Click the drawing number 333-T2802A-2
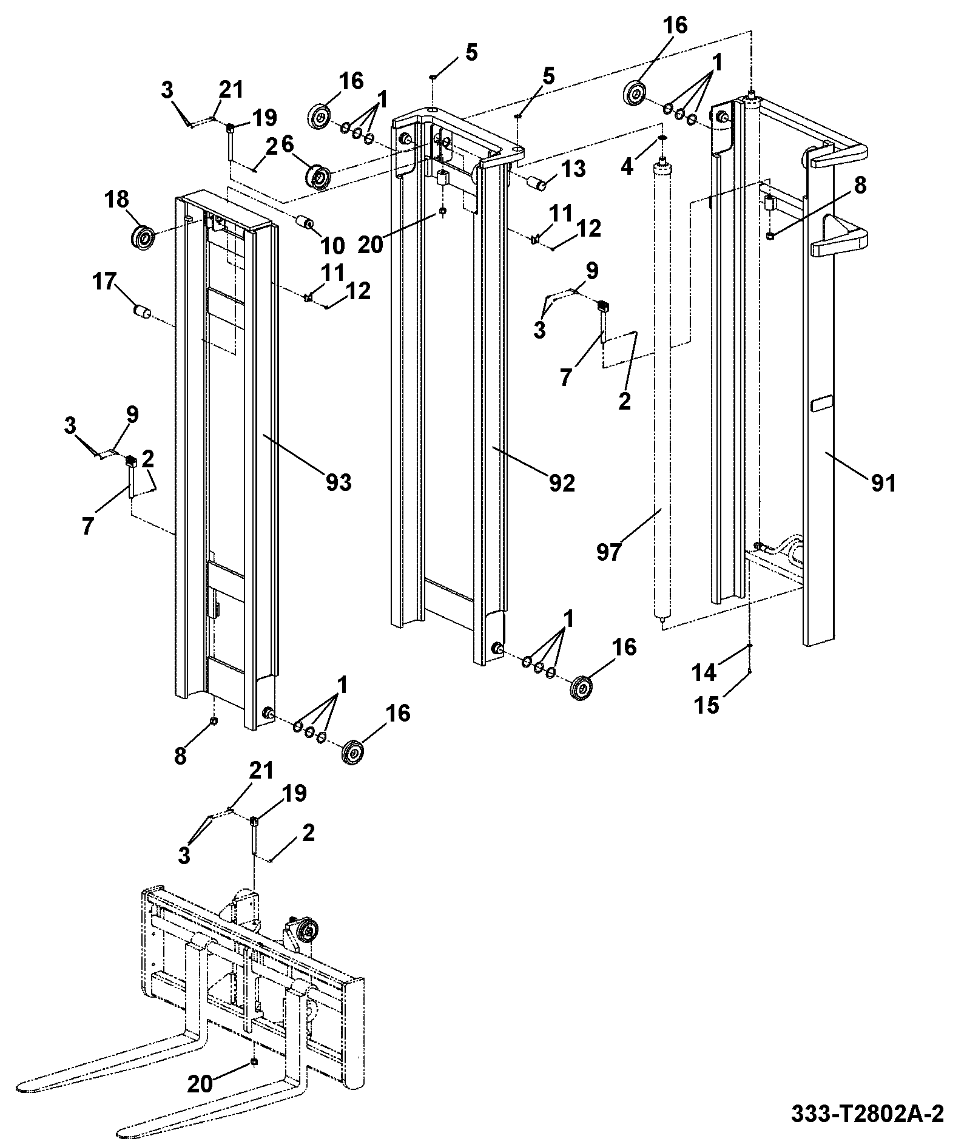[868, 1114]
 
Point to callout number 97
[608, 552]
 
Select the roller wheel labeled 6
[320, 176]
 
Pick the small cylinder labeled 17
[143, 313]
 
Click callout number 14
[704, 672]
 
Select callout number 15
[707, 705]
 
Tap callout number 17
[104, 283]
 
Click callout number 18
[116, 199]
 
